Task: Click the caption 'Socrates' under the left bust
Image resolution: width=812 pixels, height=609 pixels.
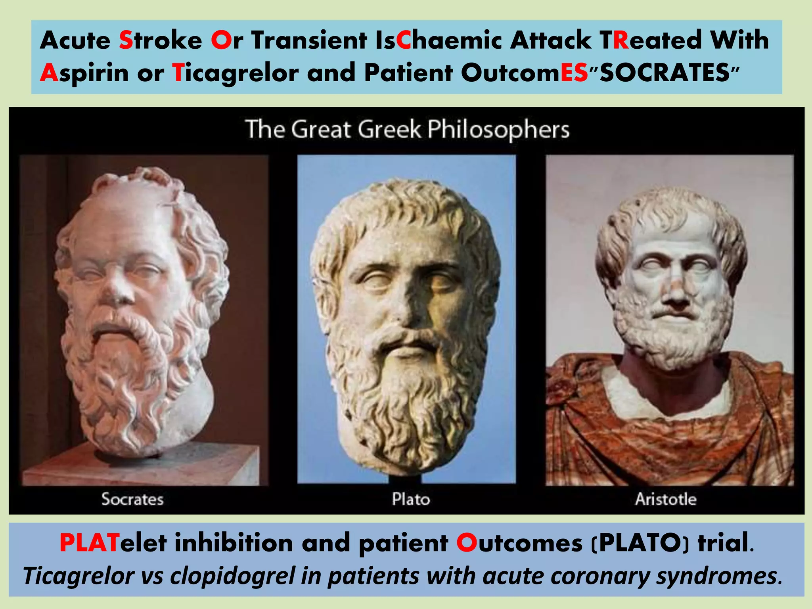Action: (132, 499)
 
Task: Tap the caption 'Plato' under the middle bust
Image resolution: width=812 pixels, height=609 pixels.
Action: (411, 499)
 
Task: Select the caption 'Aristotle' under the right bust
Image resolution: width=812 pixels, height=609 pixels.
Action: (666, 499)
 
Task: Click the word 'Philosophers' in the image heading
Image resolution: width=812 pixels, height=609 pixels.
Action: (498, 130)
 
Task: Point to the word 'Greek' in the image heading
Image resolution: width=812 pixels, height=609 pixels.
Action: (389, 130)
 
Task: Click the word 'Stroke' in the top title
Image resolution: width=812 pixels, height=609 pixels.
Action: (161, 40)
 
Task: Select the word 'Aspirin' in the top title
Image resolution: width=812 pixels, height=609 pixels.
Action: (84, 73)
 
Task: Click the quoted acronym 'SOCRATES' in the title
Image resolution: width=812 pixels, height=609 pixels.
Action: (665, 73)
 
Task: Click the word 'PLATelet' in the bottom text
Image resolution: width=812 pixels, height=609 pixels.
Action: (113, 543)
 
